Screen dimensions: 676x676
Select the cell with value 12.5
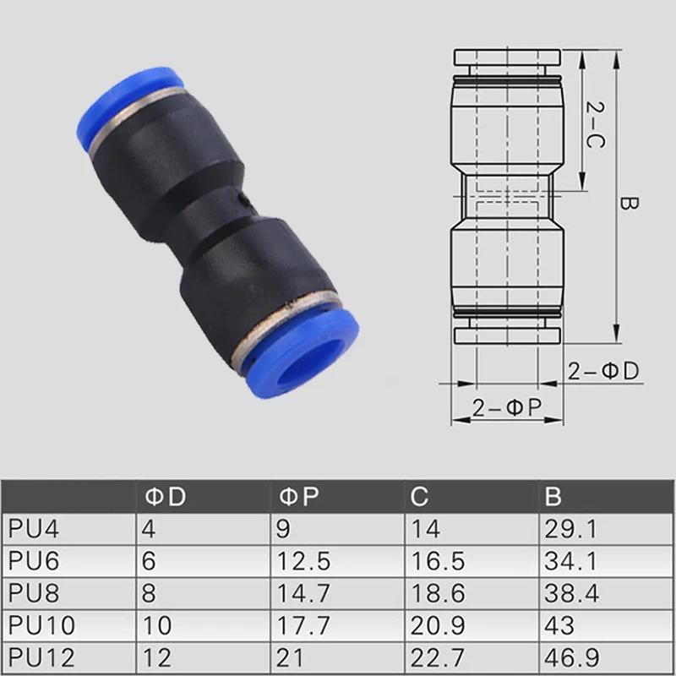click(303, 561)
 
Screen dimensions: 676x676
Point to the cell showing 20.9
click(436, 625)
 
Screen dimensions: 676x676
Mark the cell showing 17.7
click(303, 625)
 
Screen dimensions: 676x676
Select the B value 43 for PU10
click(558, 625)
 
